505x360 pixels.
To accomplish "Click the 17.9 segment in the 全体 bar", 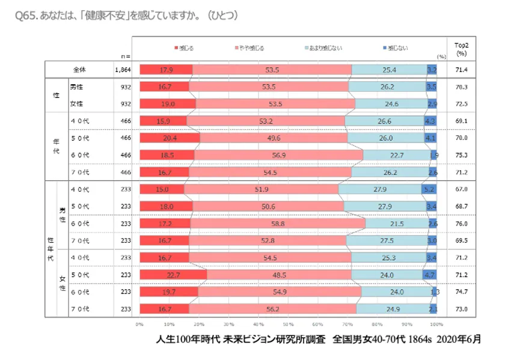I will coord(166,70).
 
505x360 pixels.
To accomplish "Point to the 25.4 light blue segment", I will coord(389,70).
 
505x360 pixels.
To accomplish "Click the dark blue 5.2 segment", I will coord(429,189).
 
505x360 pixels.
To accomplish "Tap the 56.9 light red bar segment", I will coord(278,154).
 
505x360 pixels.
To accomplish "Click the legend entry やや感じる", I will coord(248,47).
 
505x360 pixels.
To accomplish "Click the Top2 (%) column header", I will coord(462,48).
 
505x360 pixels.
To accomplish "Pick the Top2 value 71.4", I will coord(462,70).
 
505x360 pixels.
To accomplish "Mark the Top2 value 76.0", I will coord(462,224).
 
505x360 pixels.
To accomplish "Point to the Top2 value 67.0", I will coord(462,189).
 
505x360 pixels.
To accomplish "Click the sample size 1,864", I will coord(123,70).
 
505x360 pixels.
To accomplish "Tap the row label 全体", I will coord(78,70).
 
